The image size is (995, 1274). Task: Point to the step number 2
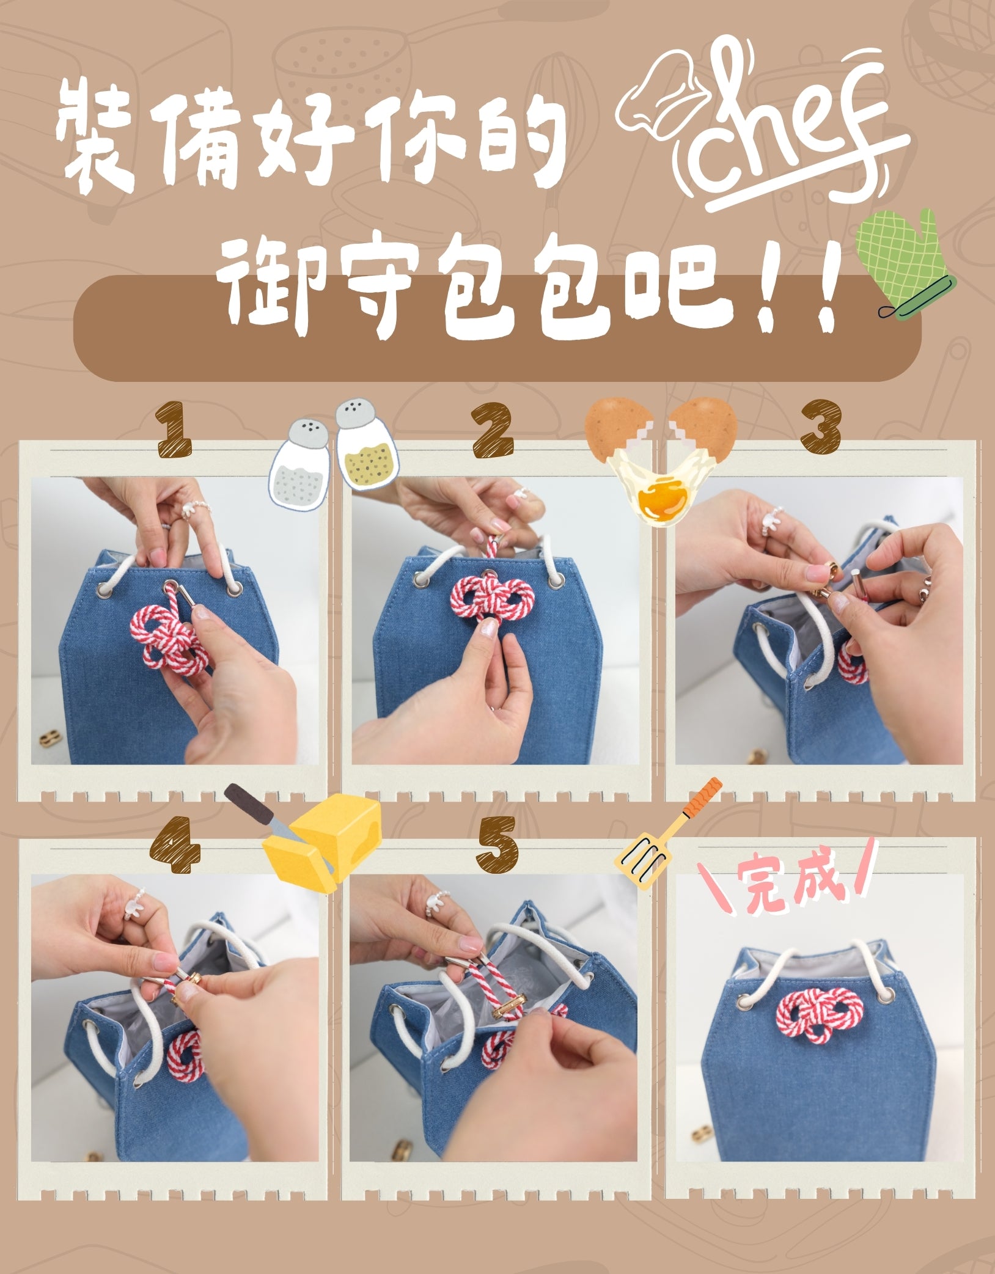493,429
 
